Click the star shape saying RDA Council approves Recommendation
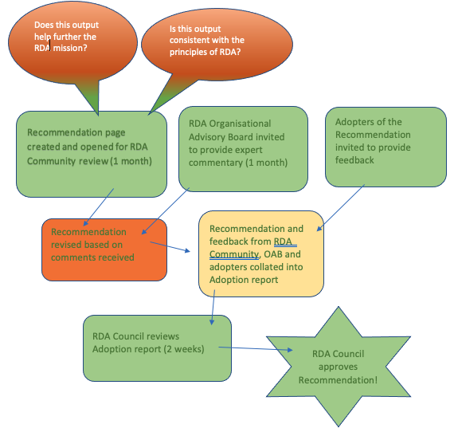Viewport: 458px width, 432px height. click(339, 367)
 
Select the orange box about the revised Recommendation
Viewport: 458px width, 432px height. click(104, 250)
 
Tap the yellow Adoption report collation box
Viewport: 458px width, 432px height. click(261, 253)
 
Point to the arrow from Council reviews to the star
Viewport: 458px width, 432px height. click(256, 348)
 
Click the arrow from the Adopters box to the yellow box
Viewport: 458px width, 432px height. click(341, 208)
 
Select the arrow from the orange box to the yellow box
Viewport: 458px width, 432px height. click(170, 246)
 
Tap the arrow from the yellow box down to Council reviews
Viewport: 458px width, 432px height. click(213, 307)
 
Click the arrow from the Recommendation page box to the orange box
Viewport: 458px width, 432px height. click(99, 207)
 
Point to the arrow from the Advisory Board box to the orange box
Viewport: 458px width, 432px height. click(166, 210)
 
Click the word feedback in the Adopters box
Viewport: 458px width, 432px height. click(354, 160)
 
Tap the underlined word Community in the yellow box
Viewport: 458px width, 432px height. click(234, 254)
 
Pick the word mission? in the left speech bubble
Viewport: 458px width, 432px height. click(70, 48)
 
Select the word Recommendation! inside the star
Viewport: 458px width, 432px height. click(338, 380)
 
